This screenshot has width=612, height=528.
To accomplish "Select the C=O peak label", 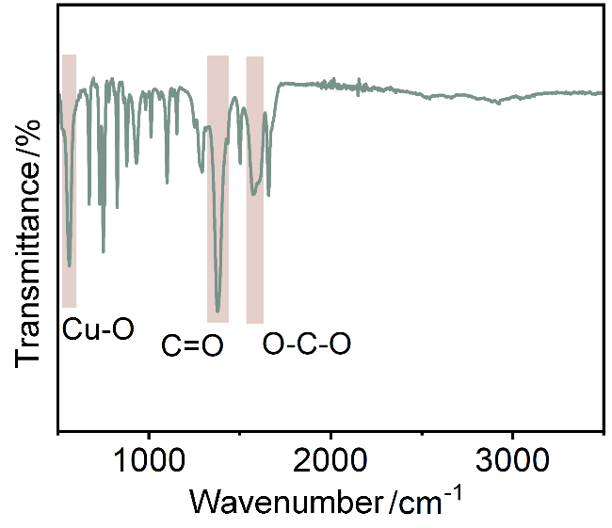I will click(192, 346).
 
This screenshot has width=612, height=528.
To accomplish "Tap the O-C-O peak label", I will click(307, 344).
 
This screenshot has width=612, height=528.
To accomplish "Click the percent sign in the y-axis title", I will click(30, 136).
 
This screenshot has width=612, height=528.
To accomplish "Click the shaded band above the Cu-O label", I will click(69, 179).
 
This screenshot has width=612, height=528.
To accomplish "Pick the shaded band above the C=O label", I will click(217, 188).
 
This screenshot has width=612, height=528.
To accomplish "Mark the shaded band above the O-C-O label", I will click(254, 188).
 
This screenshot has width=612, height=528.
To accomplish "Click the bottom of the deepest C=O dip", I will click(217, 311).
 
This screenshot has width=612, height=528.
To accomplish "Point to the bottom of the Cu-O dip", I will click(70, 266).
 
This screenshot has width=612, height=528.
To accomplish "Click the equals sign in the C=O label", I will click(192, 347).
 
